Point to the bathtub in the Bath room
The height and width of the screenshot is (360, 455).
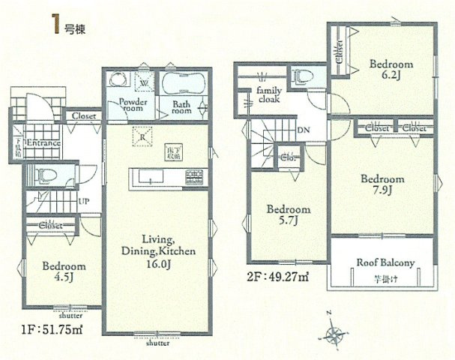[181, 83]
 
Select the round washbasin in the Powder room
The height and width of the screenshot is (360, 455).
[118, 80]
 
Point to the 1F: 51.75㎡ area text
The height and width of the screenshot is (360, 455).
[40, 328]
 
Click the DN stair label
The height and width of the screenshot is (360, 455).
[304, 129]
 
